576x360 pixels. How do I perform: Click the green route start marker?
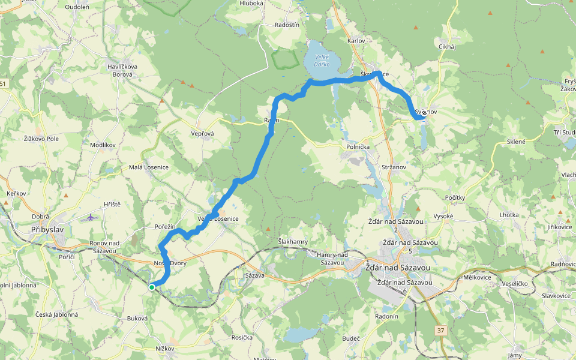coord(152,287)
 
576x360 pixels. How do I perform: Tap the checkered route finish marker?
coord(424,112)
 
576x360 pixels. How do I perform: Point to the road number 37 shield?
coord(442,331)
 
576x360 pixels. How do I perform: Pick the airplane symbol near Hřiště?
coord(91,217)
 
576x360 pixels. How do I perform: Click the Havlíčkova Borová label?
coord(123,70)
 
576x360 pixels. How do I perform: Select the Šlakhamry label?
coord(293,241)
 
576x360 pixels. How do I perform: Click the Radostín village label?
coord(287,25)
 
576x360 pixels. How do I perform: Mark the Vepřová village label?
coord(203,133)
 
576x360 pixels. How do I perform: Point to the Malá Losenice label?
coord(149,167)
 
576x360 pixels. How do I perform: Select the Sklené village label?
coord(516,142)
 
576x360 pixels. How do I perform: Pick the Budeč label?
coord(350,338)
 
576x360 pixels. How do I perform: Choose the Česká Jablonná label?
coord(56,314)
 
